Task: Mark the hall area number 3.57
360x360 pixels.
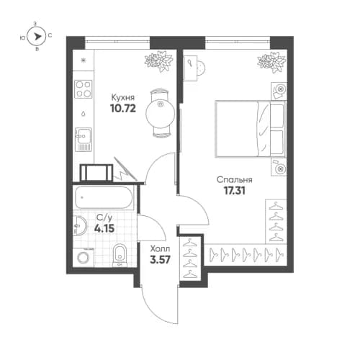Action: coord(160,259)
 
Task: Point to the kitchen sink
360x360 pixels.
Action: coord(84,135)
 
